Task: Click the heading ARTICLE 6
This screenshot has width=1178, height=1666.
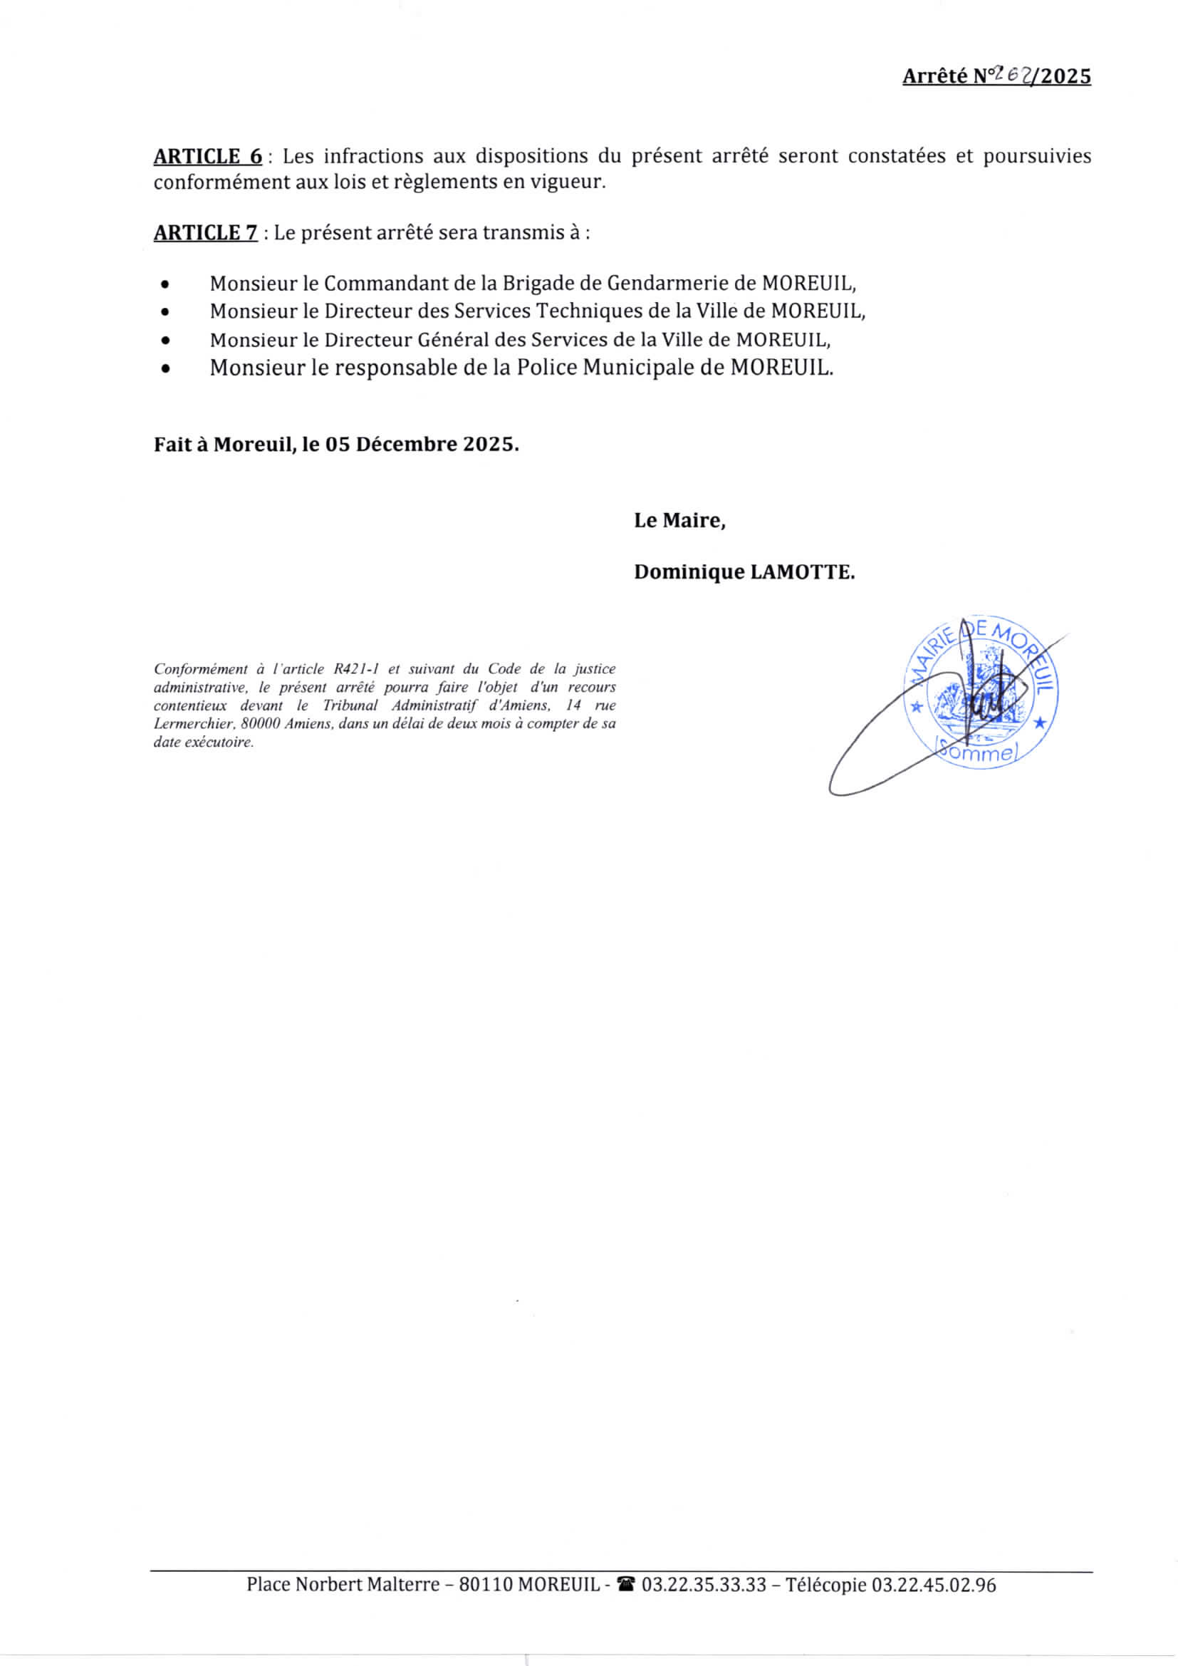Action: tap(207, 157)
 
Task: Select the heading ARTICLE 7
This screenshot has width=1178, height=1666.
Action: tap(205, 233)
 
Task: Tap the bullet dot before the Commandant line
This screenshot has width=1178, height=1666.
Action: tap(166, 284)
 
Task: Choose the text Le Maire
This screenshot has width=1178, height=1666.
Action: tap(679, 520)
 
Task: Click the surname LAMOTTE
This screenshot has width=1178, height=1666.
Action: tap(802, 572)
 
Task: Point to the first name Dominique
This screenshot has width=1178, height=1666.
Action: tap(689, 572)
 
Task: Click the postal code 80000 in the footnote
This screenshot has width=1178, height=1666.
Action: tap(261, 723)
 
